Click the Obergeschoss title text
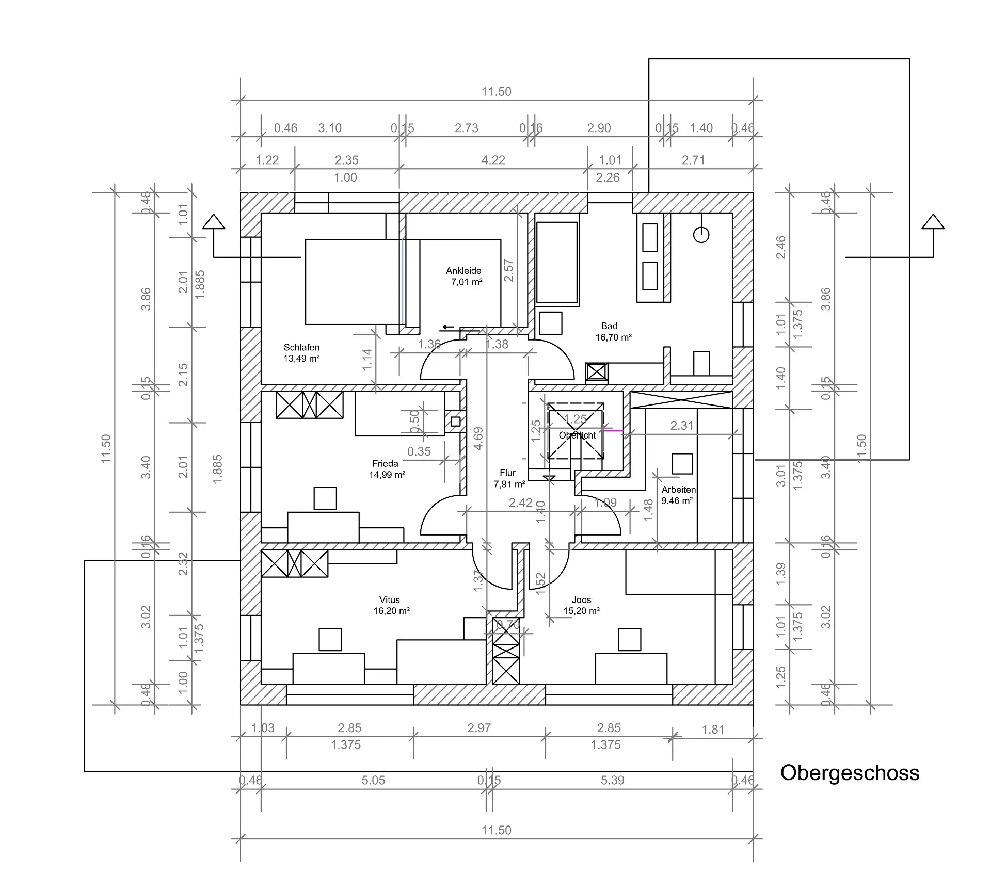(850, 773)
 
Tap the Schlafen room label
(301, 353)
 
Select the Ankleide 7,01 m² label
(464, 276)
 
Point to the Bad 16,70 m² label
(613, 332)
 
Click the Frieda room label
(386, 469)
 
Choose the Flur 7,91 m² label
(509, 478)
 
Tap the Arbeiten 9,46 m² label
(678, 495)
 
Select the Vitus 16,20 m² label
(391, 605)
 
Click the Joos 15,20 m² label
(581, 605)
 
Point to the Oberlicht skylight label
(577, 435)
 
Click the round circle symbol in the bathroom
(701, 235)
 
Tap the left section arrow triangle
(213, 222)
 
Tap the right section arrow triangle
(933, 222)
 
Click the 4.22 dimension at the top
(493, 160)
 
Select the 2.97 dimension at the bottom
(479, 728)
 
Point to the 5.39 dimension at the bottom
(612, 780)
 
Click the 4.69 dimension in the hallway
(478, 439)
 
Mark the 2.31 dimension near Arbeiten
(681, 426)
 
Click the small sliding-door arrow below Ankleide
(447, 328)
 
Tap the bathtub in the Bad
(556, 263)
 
